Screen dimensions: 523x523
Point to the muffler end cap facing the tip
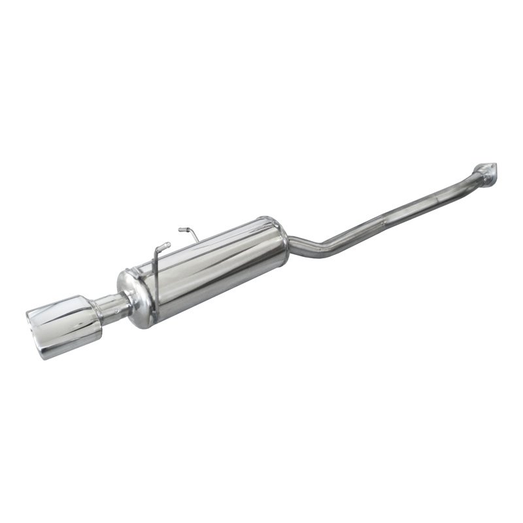point(133,298)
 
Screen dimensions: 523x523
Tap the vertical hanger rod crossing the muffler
point(156,275)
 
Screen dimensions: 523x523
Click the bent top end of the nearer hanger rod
point(164,245)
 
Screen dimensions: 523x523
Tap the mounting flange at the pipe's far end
point(485,169)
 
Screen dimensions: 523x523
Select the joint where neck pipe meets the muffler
point(126,301)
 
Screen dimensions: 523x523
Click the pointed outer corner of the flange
point(495,165)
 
